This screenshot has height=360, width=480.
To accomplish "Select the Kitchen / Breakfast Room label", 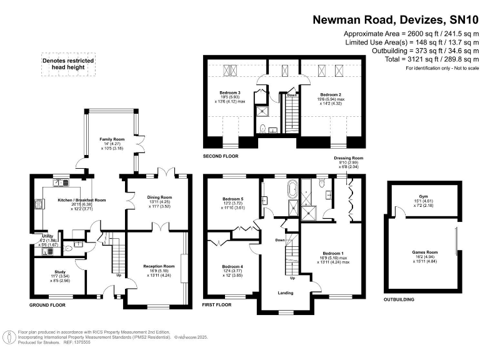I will pyautogui.click(x=65, y=200).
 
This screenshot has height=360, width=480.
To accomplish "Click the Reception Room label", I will pyautogui.click(x=159, y=266).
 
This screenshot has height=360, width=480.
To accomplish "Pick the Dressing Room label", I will pyautogui.click(x=342, y=159).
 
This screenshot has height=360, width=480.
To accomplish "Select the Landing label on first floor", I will pyautogui.click(x=286, y=292).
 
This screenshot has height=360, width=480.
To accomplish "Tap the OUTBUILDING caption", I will pyautogui.click(x=399, y=299).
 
